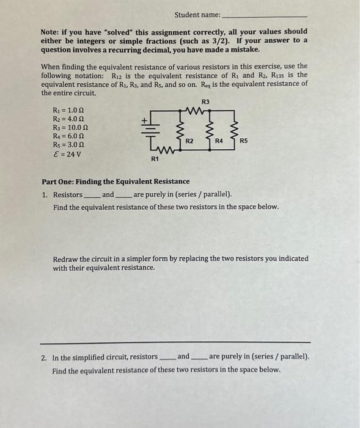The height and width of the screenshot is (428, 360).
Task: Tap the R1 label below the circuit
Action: click(155, 159)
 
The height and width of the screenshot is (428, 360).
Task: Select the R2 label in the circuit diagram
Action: click(189, 141)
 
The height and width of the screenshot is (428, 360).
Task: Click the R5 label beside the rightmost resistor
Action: click(243, 141)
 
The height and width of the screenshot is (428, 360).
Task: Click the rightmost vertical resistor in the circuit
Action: click(232, 130)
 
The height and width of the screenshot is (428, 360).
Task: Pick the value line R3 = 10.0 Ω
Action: click(73, 127)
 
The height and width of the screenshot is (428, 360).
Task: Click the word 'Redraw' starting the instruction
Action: click(65, 259)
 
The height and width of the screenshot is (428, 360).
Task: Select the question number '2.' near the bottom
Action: click(45, 356)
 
